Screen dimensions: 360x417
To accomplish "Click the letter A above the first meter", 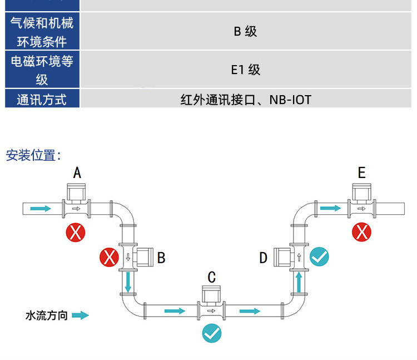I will pyautogui.click(x=77, y=173).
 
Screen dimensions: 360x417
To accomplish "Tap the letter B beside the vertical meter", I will pyautogui.click(x=161, y=258).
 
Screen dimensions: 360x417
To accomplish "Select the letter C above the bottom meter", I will pyautogui.click(x=212, y=277).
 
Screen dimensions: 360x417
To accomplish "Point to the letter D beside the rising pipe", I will pyautogui.click(x=264, y=258).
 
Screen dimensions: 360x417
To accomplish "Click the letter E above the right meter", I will pyautogui.click(x=362, y=173).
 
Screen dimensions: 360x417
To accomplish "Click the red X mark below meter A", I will pyautogui.click(x=75, y=232).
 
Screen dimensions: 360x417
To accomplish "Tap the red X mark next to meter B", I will pyautogui.click(x=108, y=258).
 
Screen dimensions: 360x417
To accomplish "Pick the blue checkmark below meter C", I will pyautogui.click(x=212, y=333).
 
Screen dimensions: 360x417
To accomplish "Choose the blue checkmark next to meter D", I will pyautogui.click(x=319, y=257).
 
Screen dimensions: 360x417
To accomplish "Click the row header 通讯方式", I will pyautogui.click(x=42, y=100).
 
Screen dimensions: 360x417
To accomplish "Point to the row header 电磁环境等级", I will pyautogui.click(x=42, y=70).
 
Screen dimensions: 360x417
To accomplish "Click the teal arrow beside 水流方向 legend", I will pyautogui.click(x=80, y=315).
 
